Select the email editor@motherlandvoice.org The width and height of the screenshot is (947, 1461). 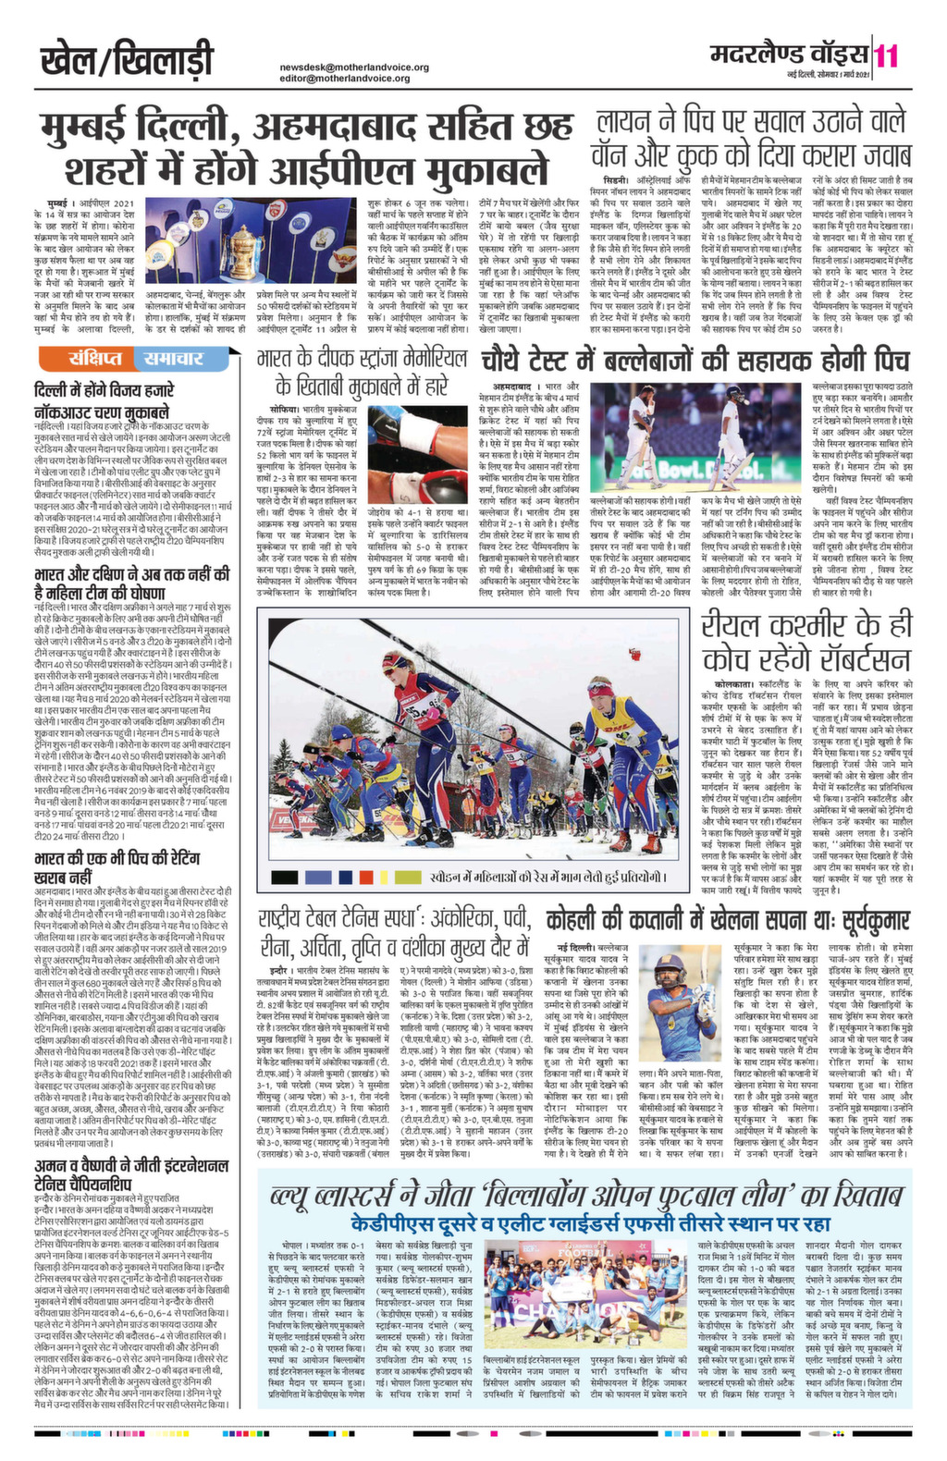[345, 79]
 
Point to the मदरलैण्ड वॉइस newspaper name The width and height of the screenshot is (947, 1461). [792, 55]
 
